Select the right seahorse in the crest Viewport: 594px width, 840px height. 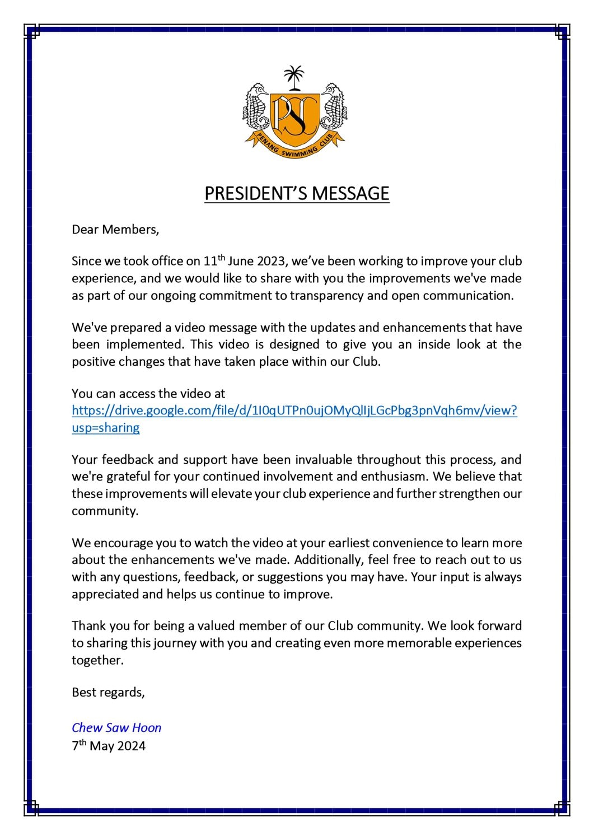click(x=334, y=109)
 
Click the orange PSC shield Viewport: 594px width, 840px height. click(x=294, y=116)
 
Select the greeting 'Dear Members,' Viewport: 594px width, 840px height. click(x=115, y=229)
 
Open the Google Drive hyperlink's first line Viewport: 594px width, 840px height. click(x=294, y=410)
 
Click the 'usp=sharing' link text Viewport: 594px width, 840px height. click(x=106, y=428)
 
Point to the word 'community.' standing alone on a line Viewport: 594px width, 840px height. click(x=105, y=511)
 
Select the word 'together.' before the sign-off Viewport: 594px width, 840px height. click(x=97, y=660)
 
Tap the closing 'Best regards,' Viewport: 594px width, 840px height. click(x=108, y=692)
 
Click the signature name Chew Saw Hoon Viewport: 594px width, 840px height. click(x=116, y=727)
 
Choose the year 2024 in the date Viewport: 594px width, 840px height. click(x=131, y=746)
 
